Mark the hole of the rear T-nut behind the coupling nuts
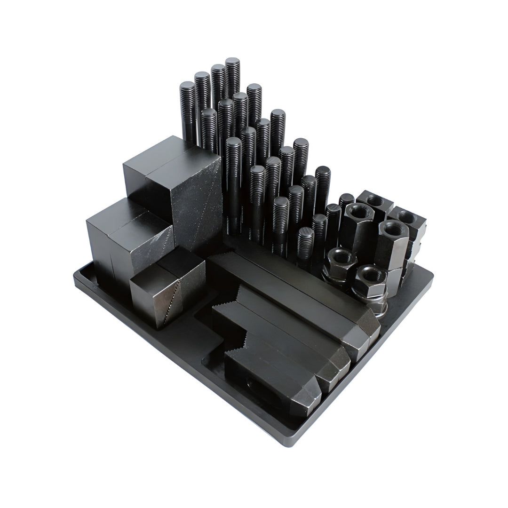[x=375, y=200]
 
